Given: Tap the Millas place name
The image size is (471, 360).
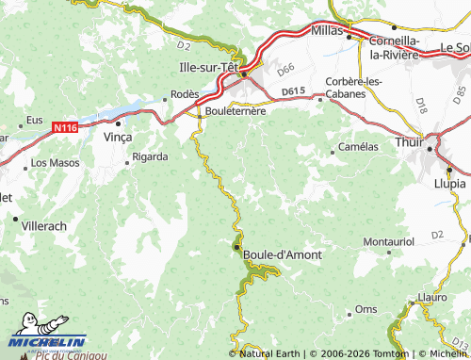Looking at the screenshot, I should (327, 31).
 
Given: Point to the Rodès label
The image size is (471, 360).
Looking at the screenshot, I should (185, 94).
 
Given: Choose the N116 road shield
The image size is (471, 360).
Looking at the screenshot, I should (65, 126).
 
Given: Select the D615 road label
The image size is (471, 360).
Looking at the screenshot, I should (295, 90).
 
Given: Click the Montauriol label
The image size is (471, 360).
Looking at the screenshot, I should (388, 242).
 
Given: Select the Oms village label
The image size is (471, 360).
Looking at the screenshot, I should (365, 310).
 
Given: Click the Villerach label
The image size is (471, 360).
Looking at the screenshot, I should (45, 227).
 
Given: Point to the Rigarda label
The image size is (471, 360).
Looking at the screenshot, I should (150, 156).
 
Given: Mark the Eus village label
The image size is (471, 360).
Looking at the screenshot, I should (35, 120).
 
